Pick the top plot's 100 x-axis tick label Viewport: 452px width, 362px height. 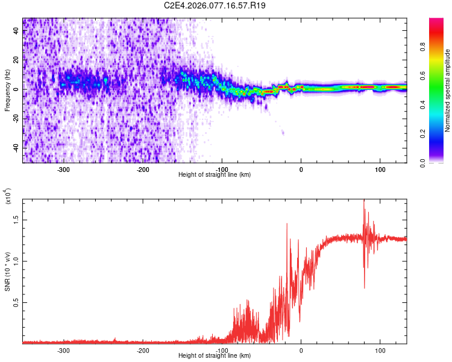pos(380,170)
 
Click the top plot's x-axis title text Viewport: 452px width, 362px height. pos(215,175)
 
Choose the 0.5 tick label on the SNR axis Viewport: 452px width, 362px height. pos(19,303)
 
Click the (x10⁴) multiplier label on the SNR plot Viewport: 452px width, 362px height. pos(8,197)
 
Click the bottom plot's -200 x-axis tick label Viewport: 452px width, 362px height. pos(143,351)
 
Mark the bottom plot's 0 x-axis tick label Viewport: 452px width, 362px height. pos(301,351)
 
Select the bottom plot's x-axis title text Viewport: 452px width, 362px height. pos(215,356)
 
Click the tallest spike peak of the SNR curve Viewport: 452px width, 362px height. pos(364,201)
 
